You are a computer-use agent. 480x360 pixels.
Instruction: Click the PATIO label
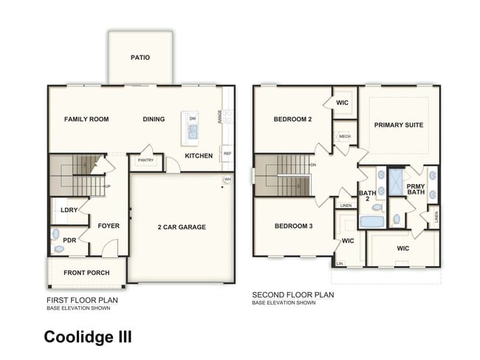point(140,58)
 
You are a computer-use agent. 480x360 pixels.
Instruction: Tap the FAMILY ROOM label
point(86,119)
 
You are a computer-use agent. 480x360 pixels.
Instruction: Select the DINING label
point(154,119)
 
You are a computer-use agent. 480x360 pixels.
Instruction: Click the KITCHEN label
point(199,156)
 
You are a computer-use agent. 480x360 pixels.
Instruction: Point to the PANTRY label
point(145,160)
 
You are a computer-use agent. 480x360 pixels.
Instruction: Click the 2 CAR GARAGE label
point(182,227)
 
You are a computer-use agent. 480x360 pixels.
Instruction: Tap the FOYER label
point(109,226)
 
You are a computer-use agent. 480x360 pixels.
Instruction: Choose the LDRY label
point(69,211)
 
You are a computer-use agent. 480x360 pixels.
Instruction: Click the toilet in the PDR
point(56,235)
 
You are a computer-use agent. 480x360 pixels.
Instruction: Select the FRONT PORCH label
point(86,273)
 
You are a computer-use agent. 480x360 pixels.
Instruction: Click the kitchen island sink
point(193,132)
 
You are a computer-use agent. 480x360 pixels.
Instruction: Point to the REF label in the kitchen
point(227,154)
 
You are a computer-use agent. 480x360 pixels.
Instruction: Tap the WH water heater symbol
point(227,180)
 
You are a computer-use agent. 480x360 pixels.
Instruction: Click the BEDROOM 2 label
point(293,119)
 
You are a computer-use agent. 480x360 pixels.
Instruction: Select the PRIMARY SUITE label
point(398,125)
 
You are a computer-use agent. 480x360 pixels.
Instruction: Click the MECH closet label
point(344,137)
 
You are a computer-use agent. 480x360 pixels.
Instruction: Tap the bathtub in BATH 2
point(370,221)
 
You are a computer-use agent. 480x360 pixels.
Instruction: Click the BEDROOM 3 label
point(293,226)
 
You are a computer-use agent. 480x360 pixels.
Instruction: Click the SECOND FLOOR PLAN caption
point(293,294)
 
